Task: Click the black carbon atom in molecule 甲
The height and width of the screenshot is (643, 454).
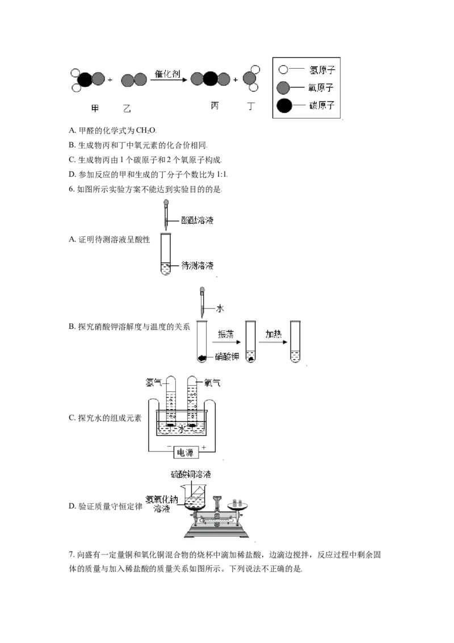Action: point(85,80)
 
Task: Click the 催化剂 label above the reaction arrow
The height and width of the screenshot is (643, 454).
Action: point(167,74)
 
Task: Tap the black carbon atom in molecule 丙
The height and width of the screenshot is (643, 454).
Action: point(210,79)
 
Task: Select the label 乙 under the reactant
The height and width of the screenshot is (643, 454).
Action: point(127,108)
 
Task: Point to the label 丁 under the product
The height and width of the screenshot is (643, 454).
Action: point(251,106)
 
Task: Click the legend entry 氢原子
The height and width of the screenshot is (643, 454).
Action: point(322,70)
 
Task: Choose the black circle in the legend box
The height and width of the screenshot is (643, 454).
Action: point(284,106)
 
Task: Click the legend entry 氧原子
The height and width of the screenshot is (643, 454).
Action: point(321,87)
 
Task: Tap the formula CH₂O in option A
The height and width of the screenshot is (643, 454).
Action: point(146,131)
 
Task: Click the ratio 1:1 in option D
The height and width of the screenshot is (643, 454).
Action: point(222,174)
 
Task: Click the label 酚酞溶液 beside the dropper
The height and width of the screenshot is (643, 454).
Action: point(197,220)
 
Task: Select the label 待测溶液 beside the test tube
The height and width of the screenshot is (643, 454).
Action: point(197,266)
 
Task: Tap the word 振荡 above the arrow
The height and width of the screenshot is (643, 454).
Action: point(226,334)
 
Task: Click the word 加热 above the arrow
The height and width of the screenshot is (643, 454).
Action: point(274,334)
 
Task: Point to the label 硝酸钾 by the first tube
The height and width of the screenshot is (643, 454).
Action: point(227,356)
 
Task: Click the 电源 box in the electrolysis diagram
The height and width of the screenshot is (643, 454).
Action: point(186,453)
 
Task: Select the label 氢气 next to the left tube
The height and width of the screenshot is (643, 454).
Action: point(154,383)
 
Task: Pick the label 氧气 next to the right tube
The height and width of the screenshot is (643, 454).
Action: point(212,383)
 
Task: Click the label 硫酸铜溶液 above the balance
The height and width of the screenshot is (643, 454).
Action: point(191,474)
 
